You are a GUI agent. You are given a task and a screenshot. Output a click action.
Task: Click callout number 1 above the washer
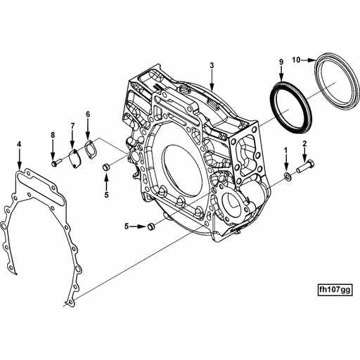285,150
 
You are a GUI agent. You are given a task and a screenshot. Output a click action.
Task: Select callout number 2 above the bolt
304,144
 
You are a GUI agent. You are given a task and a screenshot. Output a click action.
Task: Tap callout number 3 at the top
211,65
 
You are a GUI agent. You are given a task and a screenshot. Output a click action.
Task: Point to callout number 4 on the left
19,145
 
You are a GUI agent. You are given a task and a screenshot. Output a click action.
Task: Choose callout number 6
88,114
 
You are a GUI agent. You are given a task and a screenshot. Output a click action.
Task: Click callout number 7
72,126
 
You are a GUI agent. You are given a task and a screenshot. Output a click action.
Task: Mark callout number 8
52,134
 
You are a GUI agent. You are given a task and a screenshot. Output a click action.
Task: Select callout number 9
281,63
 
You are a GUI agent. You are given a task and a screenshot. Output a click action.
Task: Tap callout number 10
296,60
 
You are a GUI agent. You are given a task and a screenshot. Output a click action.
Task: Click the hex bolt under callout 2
305,168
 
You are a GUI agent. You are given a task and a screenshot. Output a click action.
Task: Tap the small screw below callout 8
53,163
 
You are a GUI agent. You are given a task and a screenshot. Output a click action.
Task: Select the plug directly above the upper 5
106,167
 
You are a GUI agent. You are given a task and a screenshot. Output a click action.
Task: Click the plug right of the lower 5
150,226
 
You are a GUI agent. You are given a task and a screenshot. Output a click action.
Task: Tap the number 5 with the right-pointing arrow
127,226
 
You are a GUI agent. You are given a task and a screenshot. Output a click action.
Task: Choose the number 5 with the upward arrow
106,195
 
